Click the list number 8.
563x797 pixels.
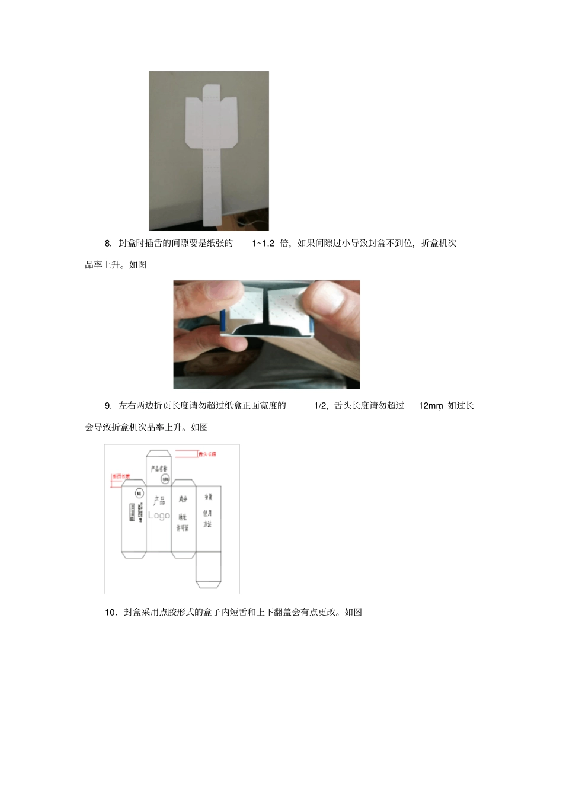click(x=108, y=243)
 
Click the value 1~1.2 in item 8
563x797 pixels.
click(x=263, y=243)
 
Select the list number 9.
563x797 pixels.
click(x=108, y=406)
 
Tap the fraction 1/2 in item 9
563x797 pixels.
click(x=321, y=406)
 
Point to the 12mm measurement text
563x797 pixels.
click(x=431, y=406)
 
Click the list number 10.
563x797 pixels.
click(x=111, y=612)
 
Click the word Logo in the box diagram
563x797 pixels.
click(x=159, y=516)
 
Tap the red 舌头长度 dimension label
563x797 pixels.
click(x=207, y=454)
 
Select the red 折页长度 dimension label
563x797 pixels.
click(x=121, y=476)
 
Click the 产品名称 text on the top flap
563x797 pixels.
click(x=159, y=468)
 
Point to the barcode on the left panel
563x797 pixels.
click(x=132, y=512)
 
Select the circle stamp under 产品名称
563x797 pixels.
click(x=165, y=478)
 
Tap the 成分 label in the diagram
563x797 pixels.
click(x=183, y=499)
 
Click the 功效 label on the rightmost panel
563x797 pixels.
click(x=208, y=497)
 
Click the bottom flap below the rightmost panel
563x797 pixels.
click(x=208, y=570)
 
